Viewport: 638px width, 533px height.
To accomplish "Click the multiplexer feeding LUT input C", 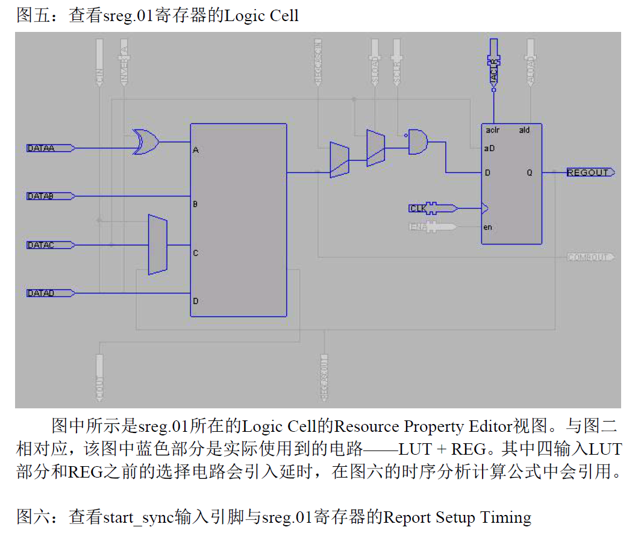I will coord(157,245).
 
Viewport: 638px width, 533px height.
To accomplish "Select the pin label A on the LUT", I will coord(196,151).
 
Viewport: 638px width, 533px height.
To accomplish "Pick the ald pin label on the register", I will coord(524,130).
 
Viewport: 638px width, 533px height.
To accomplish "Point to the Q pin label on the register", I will coord(530,173).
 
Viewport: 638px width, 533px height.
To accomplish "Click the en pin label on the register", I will coord(488,227).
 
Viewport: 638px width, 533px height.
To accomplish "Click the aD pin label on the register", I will coord(489,148).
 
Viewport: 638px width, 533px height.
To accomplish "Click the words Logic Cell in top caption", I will coord(261,15).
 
